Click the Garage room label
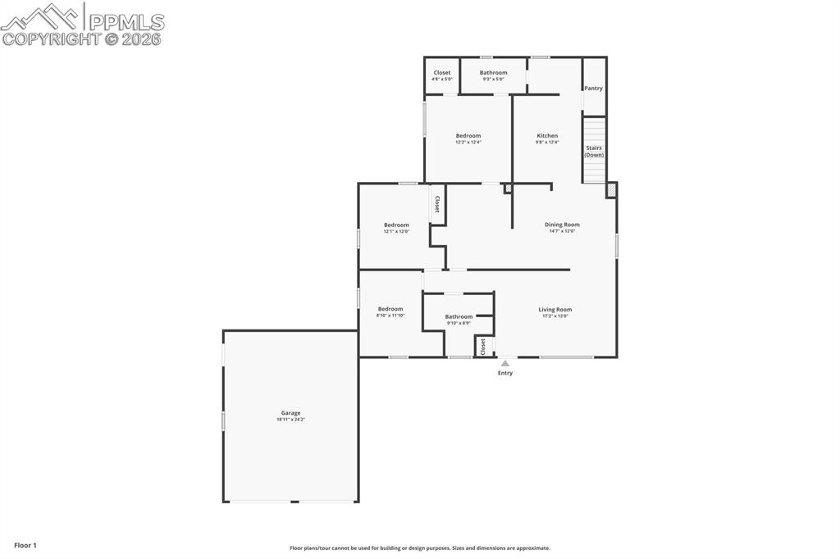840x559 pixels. [290, 413]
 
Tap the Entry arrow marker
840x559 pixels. [505, 363]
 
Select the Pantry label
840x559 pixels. [593, 89]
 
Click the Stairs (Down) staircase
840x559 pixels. [594, 150]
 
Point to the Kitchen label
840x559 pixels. [547, 136]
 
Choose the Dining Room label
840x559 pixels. [562, 225]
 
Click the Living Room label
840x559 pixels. [555, 310]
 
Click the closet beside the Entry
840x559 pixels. [483, 347]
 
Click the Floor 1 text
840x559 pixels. [25, 545]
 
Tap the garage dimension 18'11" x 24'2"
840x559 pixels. [290, 420]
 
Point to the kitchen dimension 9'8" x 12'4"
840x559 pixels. [547, 143]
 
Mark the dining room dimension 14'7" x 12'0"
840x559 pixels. [562, 231]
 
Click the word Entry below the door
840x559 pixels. [505, 373]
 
